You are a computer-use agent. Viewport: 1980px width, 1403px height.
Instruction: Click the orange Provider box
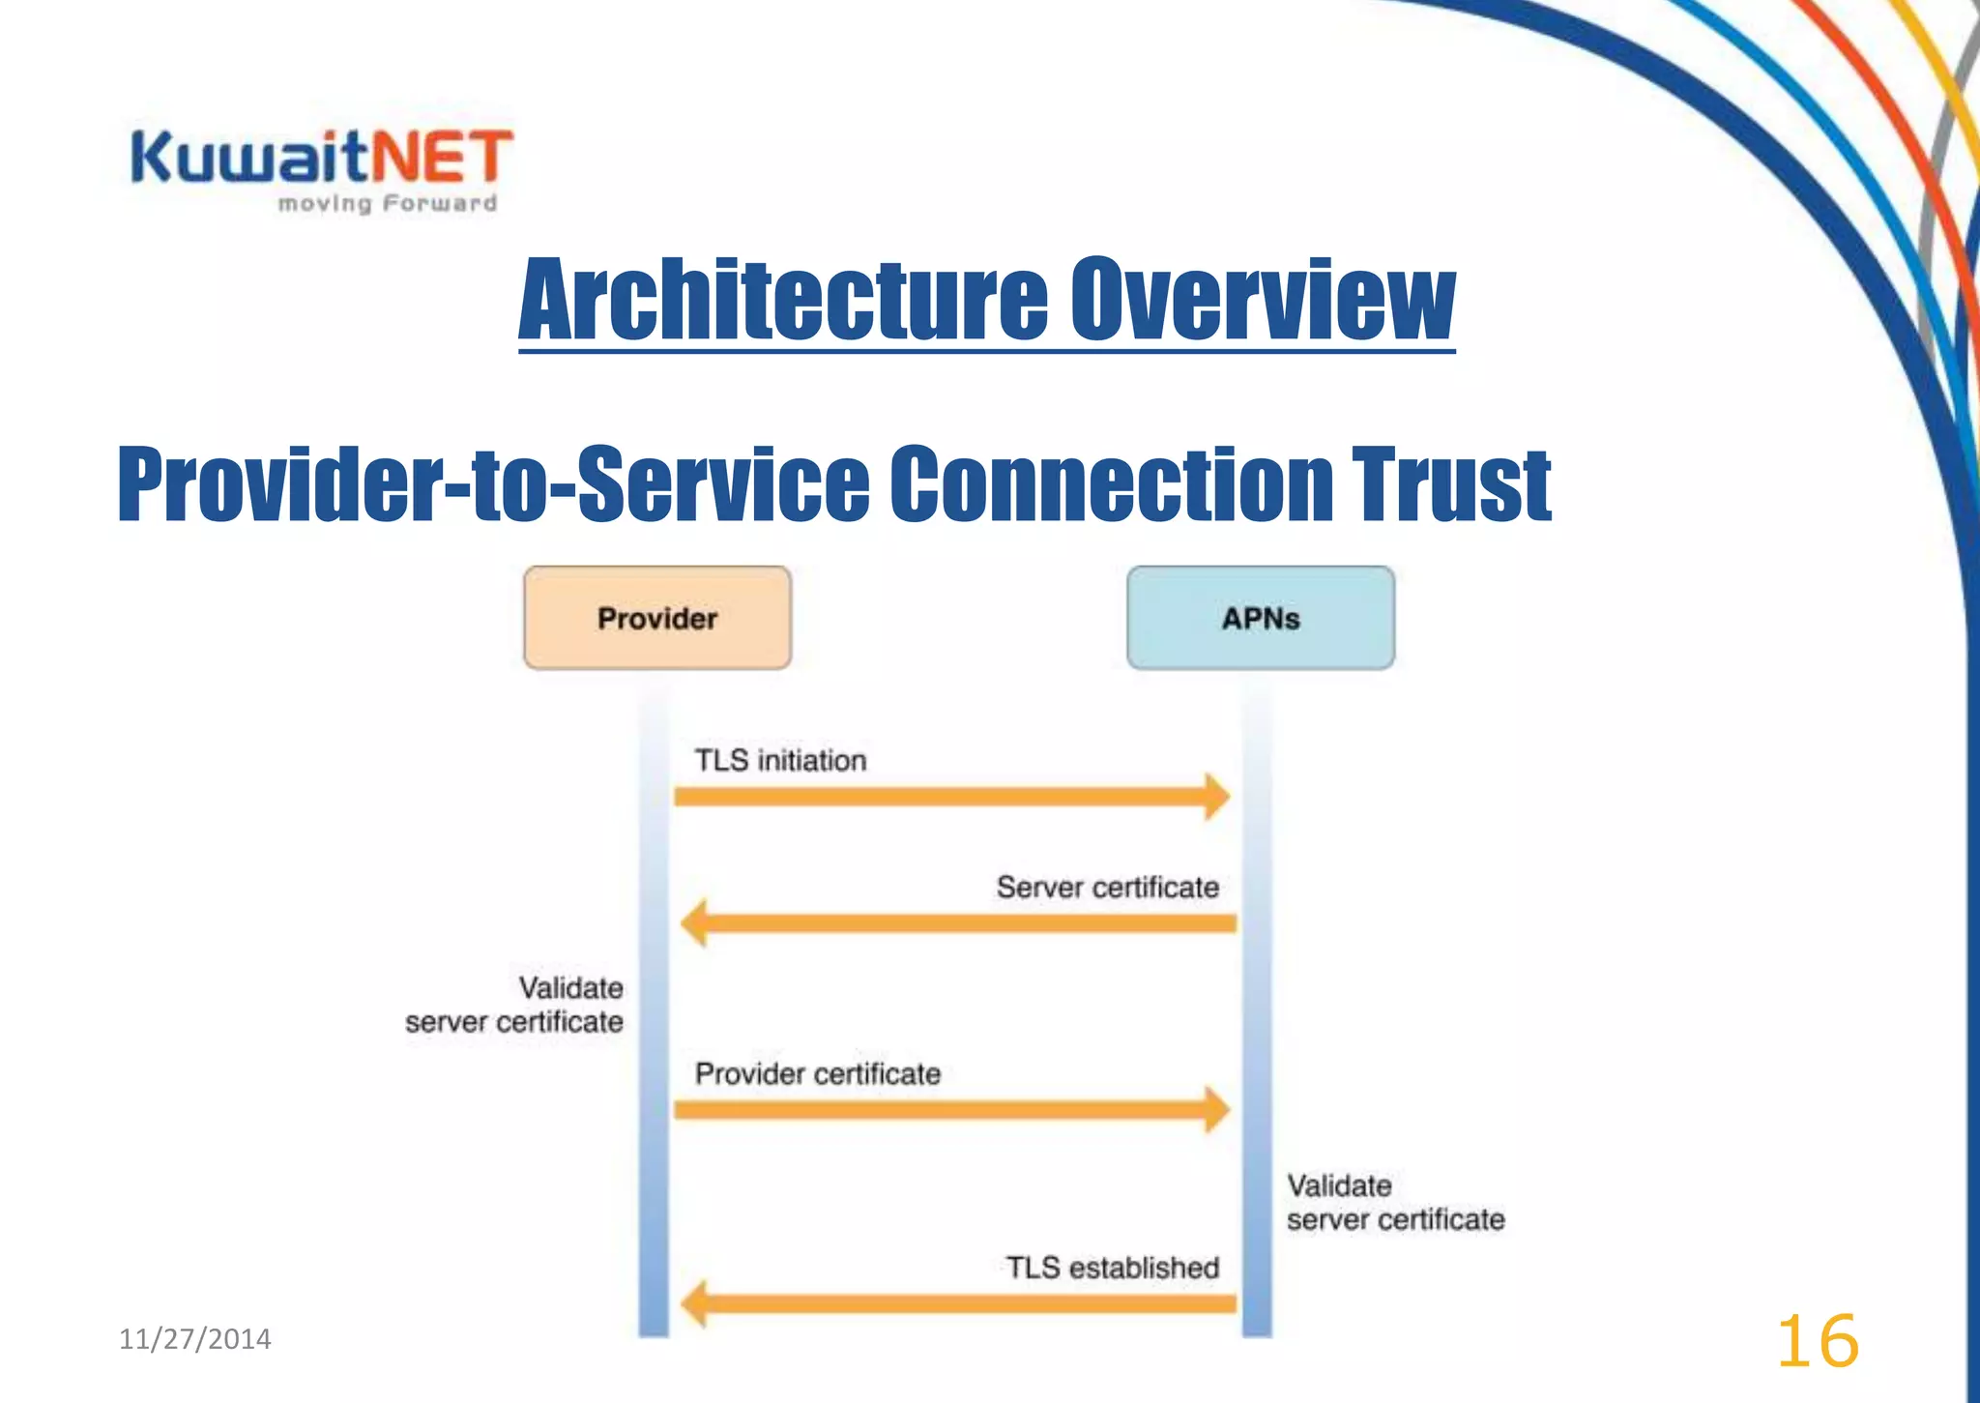pos(657,618)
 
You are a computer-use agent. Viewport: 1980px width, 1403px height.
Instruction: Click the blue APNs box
pos(1261,618)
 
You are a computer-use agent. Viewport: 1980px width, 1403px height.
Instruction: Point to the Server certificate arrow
pos(957,923)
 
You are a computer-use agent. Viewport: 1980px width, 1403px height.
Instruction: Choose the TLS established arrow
pos(957,1304)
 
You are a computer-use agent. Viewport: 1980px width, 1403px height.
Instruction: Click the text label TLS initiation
pos(780,760)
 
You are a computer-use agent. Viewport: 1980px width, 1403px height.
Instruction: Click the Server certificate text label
pos(1107,887)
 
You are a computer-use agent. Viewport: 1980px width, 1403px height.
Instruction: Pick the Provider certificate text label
pos(817,1073)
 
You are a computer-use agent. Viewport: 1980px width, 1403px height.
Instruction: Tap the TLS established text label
pos(1112,1267)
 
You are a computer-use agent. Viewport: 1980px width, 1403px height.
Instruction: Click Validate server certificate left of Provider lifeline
pos(514,1005)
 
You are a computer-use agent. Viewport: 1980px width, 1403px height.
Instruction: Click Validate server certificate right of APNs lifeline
pos(1395,1202)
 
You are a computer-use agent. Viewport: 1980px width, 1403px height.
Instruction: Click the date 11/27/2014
pos(194,1339)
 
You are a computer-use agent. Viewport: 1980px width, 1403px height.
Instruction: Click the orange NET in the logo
pos(442,158)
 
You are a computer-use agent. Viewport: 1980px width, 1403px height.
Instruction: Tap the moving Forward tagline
pos(387,203)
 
